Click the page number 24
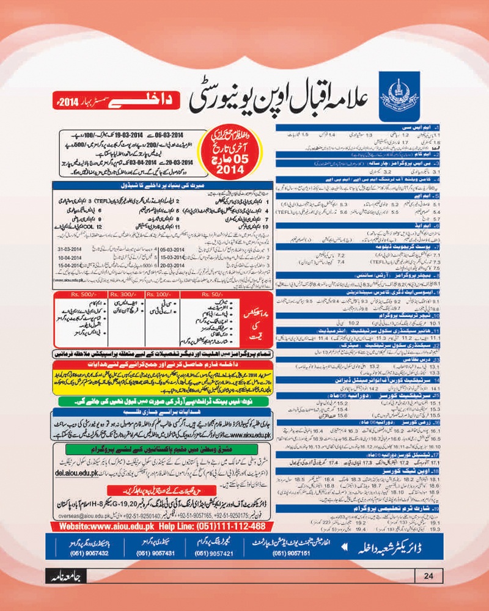428,574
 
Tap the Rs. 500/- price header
80,293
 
